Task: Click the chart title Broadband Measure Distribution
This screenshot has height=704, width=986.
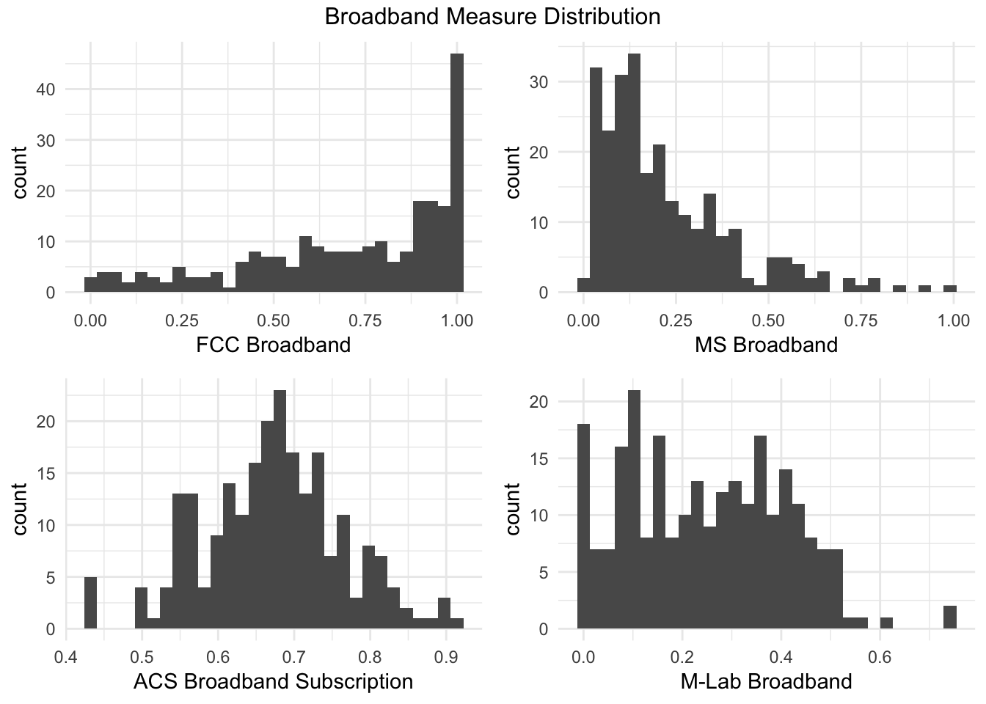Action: [x=492, y=16]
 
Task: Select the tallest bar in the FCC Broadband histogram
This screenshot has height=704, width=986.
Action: [x=457, y=172]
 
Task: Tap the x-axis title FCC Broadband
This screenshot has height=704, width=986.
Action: [x=273, y=344]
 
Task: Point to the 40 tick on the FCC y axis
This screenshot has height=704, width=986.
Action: [x=46, y=89]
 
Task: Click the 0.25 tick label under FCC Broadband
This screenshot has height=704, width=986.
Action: [x=181, y=320]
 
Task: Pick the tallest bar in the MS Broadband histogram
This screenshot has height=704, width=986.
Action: [x=635, y=173]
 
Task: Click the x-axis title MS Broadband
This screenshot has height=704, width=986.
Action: [x=766, y=344]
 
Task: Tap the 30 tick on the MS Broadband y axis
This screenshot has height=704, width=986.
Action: [x=539, y=81]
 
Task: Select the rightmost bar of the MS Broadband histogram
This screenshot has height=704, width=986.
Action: [x=950, y=289]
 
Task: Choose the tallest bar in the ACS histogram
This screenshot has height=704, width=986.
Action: [x=280, y=510]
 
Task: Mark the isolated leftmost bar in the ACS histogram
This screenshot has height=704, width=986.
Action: [x=90, y=603]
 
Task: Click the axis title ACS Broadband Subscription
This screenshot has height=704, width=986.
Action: [x=273, y=681]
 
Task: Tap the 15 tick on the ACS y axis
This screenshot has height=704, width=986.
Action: [x=46, y=473]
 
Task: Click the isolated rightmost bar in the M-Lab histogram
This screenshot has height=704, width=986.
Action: [x=950, y=617]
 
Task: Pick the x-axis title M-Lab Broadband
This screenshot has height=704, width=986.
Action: [x=766, y=681]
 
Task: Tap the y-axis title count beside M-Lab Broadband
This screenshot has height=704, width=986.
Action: [x=512, y=508]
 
